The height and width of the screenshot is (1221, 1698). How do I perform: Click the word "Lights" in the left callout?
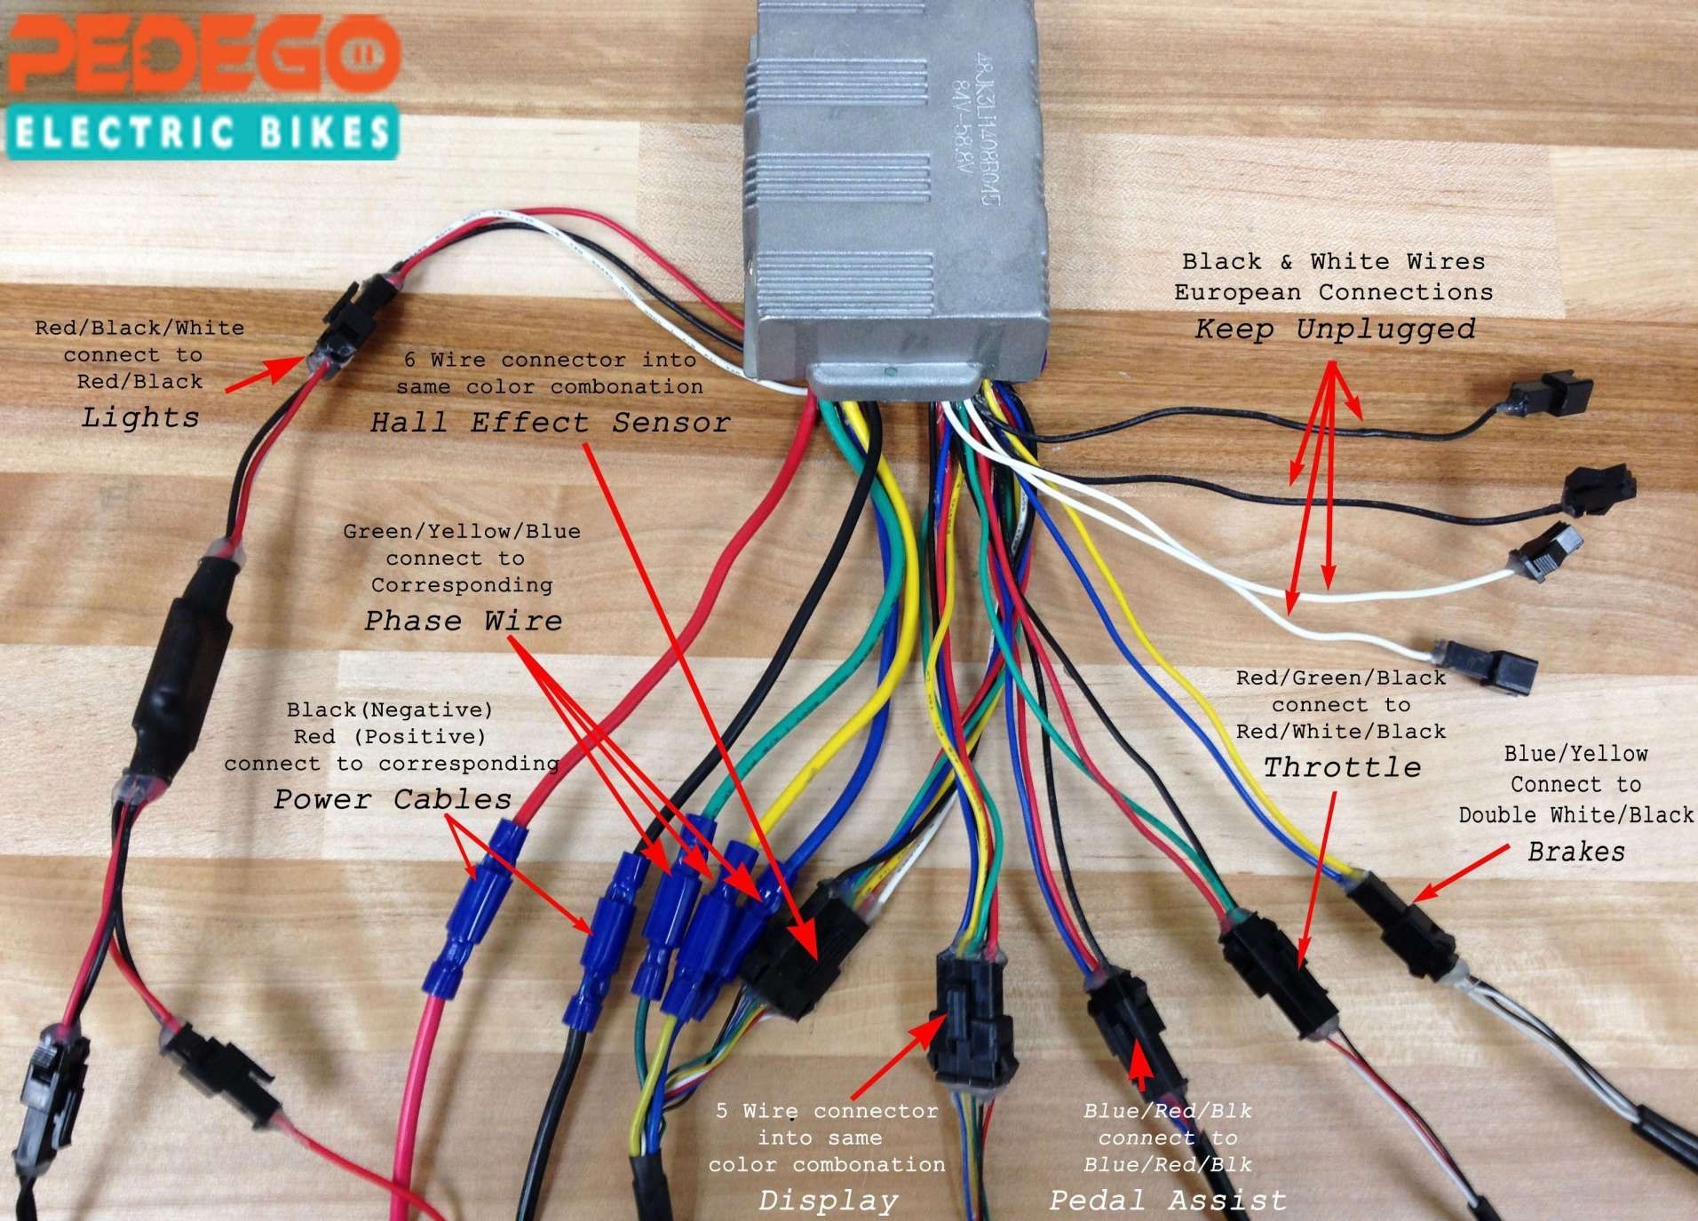(140, 417)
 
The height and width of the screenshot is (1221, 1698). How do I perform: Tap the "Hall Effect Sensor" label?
(550, 423)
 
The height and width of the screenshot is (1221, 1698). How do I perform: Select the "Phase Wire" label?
(463, 620)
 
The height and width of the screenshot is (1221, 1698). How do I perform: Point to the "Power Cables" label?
(392, 799)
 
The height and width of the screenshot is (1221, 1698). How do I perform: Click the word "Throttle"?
(1342, 767)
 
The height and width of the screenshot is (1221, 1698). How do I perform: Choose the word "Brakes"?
(1576, 852)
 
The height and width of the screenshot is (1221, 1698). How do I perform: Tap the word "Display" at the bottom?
(828, 1201)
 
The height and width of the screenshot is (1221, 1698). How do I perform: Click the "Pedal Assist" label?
(1167, 1201)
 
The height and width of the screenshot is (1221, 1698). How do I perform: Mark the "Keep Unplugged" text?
(1334, 329)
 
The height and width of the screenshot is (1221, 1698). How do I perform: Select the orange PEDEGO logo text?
(202, 55)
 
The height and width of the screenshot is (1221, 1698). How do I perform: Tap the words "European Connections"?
(1333, 292)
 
